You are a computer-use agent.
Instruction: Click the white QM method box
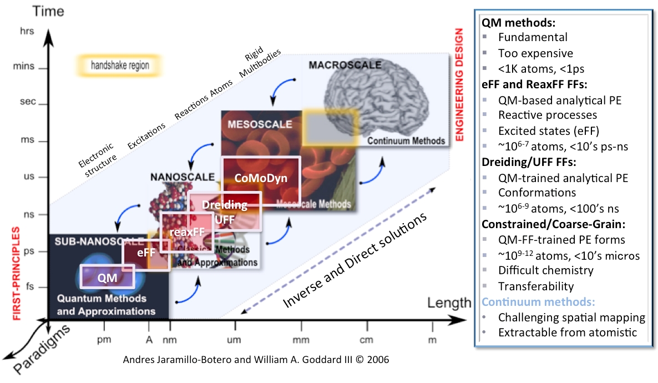pos(108,276)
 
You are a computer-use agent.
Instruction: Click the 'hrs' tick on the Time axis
pos(27,31)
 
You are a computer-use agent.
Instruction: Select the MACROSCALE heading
pos(345,65)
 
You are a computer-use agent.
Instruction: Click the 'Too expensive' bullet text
pos(535,53)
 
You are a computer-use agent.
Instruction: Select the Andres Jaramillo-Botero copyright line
pos(256,359)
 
